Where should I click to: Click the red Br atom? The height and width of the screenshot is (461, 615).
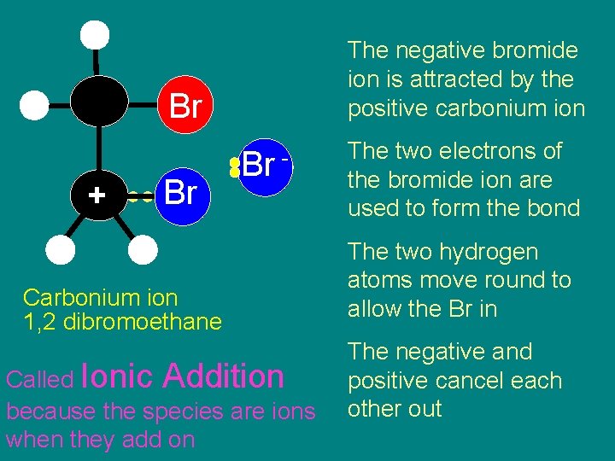click(184, 108)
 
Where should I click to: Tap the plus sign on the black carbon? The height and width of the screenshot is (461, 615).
click(97, 195)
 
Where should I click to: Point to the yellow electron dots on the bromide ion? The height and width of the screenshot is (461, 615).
click(234, 167)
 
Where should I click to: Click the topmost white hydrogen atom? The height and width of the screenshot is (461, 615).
click(95, 35)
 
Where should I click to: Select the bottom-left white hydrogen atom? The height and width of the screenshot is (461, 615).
click(61, 249)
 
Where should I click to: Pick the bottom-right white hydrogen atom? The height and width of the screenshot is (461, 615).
click(142, 249)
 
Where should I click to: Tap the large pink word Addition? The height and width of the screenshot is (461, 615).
click(224, 376)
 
